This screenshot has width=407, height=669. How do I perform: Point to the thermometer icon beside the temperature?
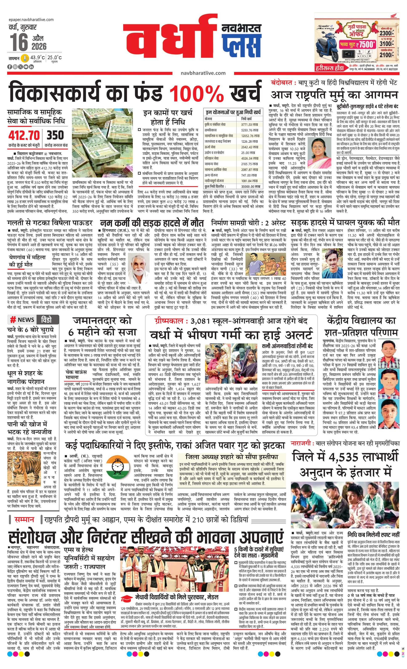coord(25,58)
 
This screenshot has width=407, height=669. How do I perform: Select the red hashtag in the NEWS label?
coord(13,320)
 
